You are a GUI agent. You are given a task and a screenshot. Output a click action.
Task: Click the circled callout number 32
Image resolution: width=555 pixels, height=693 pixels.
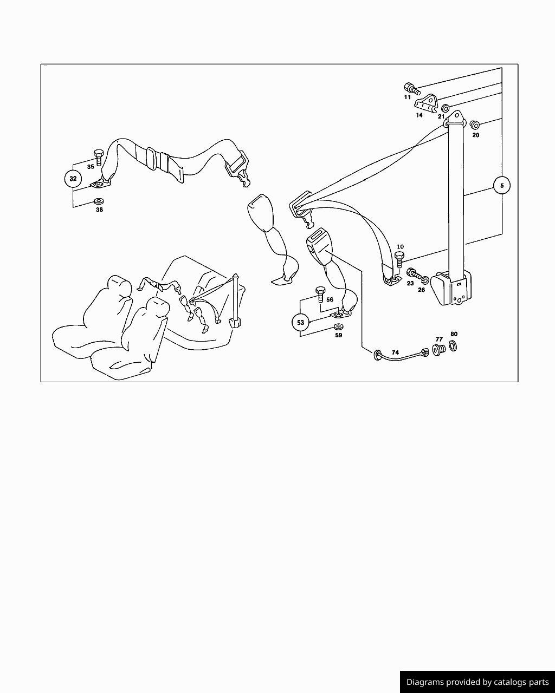point(73,179)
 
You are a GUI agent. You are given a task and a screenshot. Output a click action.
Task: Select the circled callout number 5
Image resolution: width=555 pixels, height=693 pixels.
point(502,186)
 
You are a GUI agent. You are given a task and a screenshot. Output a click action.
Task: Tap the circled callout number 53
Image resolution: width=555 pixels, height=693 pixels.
point(301,322)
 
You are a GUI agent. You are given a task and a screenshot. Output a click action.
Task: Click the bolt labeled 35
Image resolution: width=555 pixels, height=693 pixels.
point(98,157)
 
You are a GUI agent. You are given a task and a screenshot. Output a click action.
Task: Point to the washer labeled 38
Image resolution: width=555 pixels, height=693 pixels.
point(99,201)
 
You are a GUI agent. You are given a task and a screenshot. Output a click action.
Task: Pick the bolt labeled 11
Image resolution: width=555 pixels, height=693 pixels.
point(412,89)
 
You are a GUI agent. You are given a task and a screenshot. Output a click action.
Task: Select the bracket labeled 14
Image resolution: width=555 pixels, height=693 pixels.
point(425,103)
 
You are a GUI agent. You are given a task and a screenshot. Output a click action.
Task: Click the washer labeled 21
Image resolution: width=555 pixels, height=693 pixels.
point(446,108)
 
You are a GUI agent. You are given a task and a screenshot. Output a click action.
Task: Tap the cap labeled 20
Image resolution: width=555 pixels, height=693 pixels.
point(474,125)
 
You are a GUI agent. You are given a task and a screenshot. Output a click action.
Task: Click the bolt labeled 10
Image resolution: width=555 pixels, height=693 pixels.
point(399,259)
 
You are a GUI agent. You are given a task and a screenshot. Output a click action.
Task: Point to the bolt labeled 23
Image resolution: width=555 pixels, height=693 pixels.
point(414,274)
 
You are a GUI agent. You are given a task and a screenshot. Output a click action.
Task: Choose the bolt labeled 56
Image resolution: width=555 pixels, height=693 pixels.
point(320,293)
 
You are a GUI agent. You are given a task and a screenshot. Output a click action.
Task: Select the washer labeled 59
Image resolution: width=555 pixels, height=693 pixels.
point(338,326)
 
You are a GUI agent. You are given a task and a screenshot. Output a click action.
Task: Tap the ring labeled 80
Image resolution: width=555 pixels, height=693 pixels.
point(453,345)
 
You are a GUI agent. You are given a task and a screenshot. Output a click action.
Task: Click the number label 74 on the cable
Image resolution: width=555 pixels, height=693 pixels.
point(395,352)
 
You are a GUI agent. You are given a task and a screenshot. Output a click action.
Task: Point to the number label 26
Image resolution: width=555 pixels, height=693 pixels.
point(421,290)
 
